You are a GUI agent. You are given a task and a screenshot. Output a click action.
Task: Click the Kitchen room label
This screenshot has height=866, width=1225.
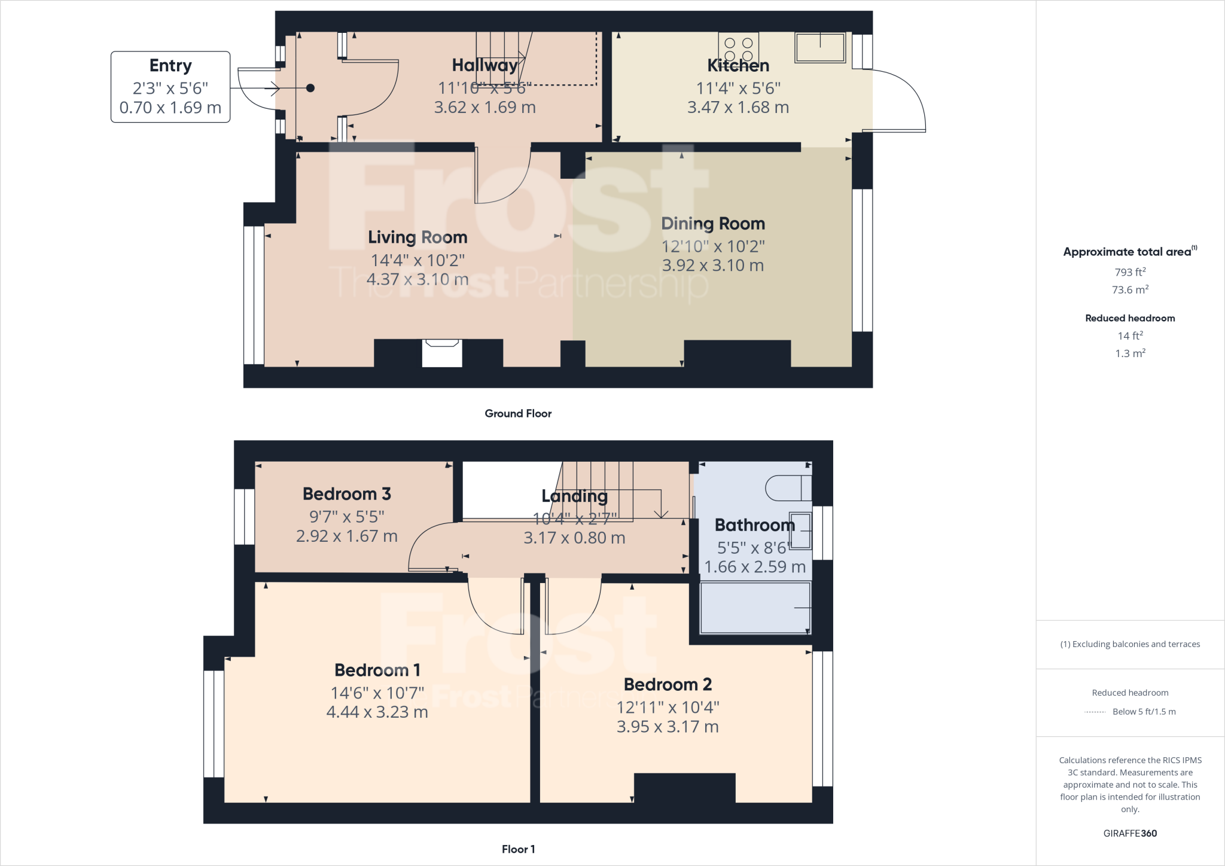point(738,65)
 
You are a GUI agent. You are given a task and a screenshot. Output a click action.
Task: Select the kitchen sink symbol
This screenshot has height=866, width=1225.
point(820,48)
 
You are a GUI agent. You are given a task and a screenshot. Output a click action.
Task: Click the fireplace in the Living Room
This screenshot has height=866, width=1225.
point(442,353)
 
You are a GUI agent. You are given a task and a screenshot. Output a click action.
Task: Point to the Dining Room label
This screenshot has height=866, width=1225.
point(713,224)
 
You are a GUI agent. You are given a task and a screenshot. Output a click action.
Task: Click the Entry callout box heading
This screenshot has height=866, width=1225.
point(170,65)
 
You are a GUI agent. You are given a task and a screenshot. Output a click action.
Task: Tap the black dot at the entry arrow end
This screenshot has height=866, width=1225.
point(310,89)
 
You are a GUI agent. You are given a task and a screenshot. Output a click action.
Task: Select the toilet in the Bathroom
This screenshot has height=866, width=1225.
point(788,488)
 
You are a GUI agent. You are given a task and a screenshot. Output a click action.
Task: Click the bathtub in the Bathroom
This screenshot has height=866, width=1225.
point(755,608)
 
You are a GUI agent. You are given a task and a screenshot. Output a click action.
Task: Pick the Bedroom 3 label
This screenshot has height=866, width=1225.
point(346,494)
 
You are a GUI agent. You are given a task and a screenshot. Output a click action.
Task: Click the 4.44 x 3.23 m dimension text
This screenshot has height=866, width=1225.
point(377,712)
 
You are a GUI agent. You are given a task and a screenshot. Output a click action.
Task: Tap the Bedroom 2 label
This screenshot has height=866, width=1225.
point(668,684)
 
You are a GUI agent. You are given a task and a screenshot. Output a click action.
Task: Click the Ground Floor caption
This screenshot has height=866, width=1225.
point(518,413)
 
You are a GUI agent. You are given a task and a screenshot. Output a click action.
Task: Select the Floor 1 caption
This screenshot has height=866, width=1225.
point(518,849)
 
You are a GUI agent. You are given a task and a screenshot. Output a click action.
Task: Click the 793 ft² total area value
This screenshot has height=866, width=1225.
point(1130,272)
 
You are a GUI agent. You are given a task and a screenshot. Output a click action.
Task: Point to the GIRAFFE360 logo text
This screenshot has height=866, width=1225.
point(1130,833)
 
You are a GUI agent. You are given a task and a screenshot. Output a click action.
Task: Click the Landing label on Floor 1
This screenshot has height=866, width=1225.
point(574,496)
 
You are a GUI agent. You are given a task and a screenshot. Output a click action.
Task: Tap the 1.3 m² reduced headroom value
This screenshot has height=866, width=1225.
point(1130,353)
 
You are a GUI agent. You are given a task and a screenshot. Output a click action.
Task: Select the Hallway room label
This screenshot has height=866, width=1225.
point(484,65)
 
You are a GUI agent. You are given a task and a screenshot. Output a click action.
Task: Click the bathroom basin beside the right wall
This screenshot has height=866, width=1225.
point(800,530)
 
